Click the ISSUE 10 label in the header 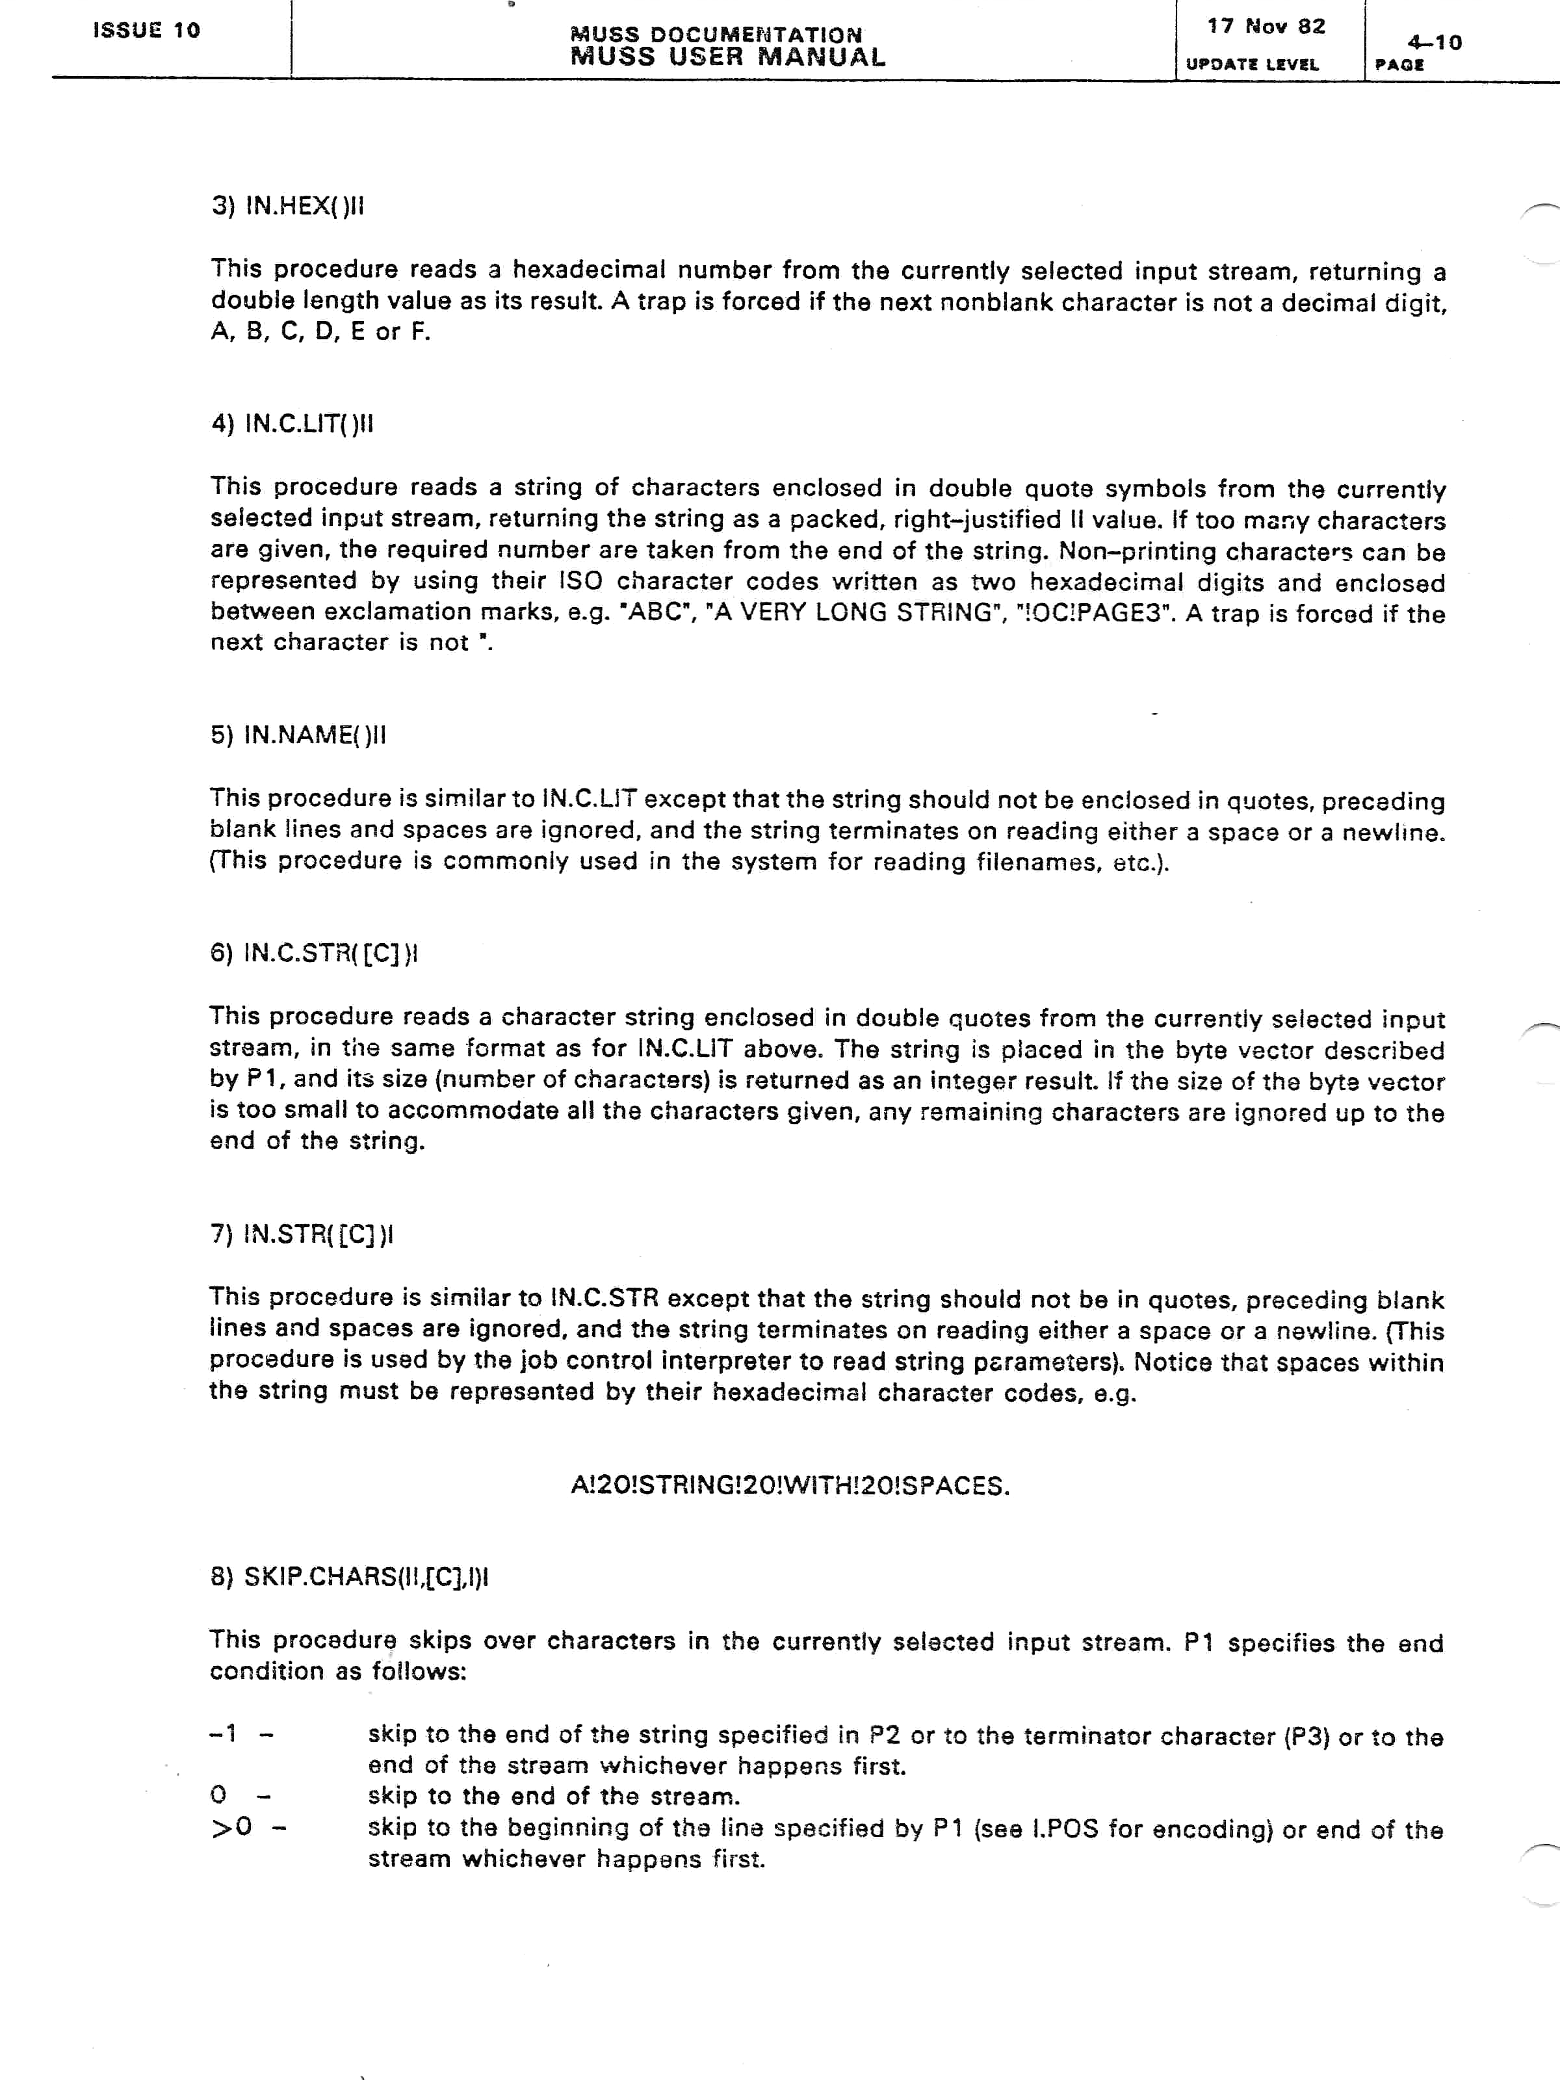147,30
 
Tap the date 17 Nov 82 1266,27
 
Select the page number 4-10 1434,42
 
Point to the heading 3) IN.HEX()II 287,206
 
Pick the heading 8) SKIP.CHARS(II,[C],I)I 349,1576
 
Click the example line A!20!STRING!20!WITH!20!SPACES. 790,1486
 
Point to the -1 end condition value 224,1733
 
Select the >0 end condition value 231,1827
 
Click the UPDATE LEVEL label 1251,65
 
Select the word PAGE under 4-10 1399,65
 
